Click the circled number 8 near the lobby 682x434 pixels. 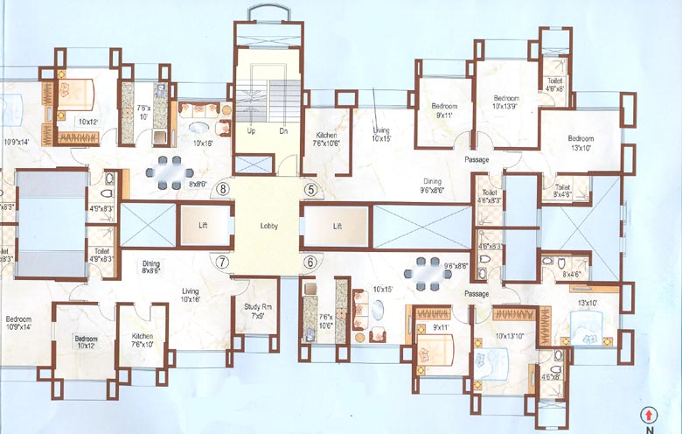(x=224, y=188)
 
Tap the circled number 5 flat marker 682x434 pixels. (x=310, y=188)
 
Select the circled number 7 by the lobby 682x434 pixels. (x=223, y=261)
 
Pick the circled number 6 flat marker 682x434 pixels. (x=309, y=261)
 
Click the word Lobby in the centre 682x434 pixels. (x=268, y=225)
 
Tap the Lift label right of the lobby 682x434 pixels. (x=337, y=225)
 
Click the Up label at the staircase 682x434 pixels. (x=251, y=130)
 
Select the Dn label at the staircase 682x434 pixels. (x=282, y=130)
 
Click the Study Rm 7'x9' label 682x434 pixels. (x=254, y=311)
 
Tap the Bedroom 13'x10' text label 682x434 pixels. (x=580, y=143)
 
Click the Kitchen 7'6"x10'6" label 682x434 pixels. (x=326, y=140)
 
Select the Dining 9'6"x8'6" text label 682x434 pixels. (x=434, y=185)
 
